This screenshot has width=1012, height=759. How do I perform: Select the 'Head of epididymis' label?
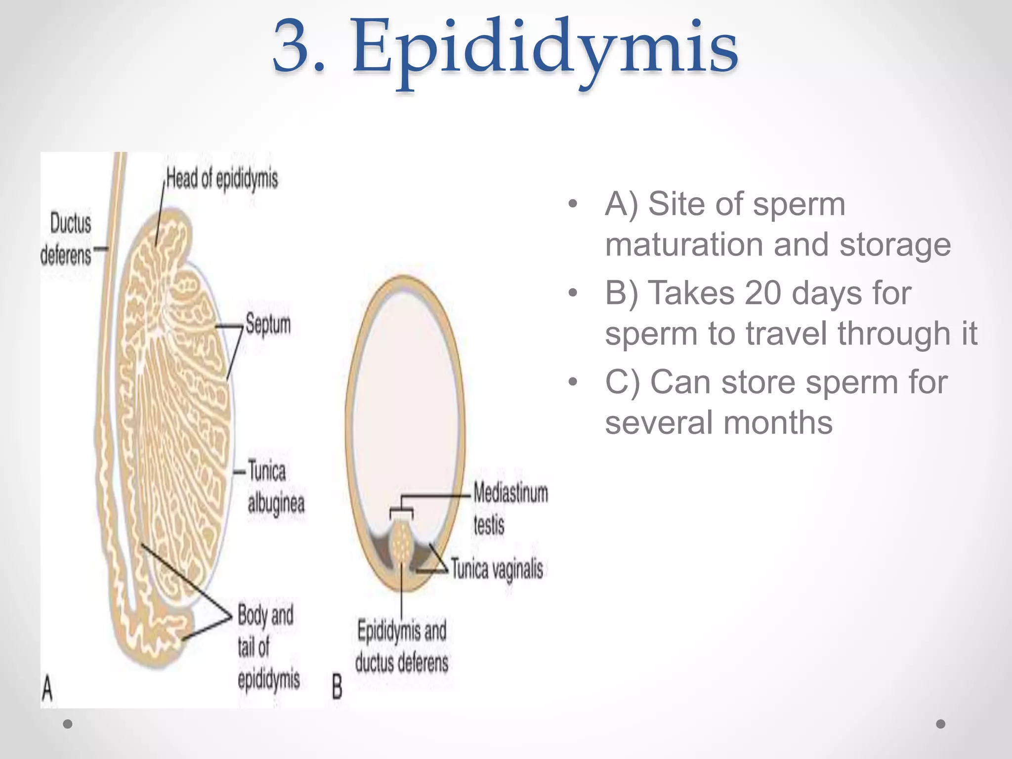(222, 179)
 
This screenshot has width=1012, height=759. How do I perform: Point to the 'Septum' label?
(268, 324)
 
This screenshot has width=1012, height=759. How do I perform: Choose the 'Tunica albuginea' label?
(275, 487)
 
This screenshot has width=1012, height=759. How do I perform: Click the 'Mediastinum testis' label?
(510, 508)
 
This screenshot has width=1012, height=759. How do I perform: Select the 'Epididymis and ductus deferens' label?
(401, 647)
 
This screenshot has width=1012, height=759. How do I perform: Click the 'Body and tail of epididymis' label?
(267, 646)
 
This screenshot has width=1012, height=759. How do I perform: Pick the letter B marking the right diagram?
(337, 687)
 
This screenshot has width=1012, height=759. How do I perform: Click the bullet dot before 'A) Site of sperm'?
(573, 204)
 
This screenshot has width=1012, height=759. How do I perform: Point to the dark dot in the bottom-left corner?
(68, 724)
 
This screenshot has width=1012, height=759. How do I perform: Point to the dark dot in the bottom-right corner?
(941, 724)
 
